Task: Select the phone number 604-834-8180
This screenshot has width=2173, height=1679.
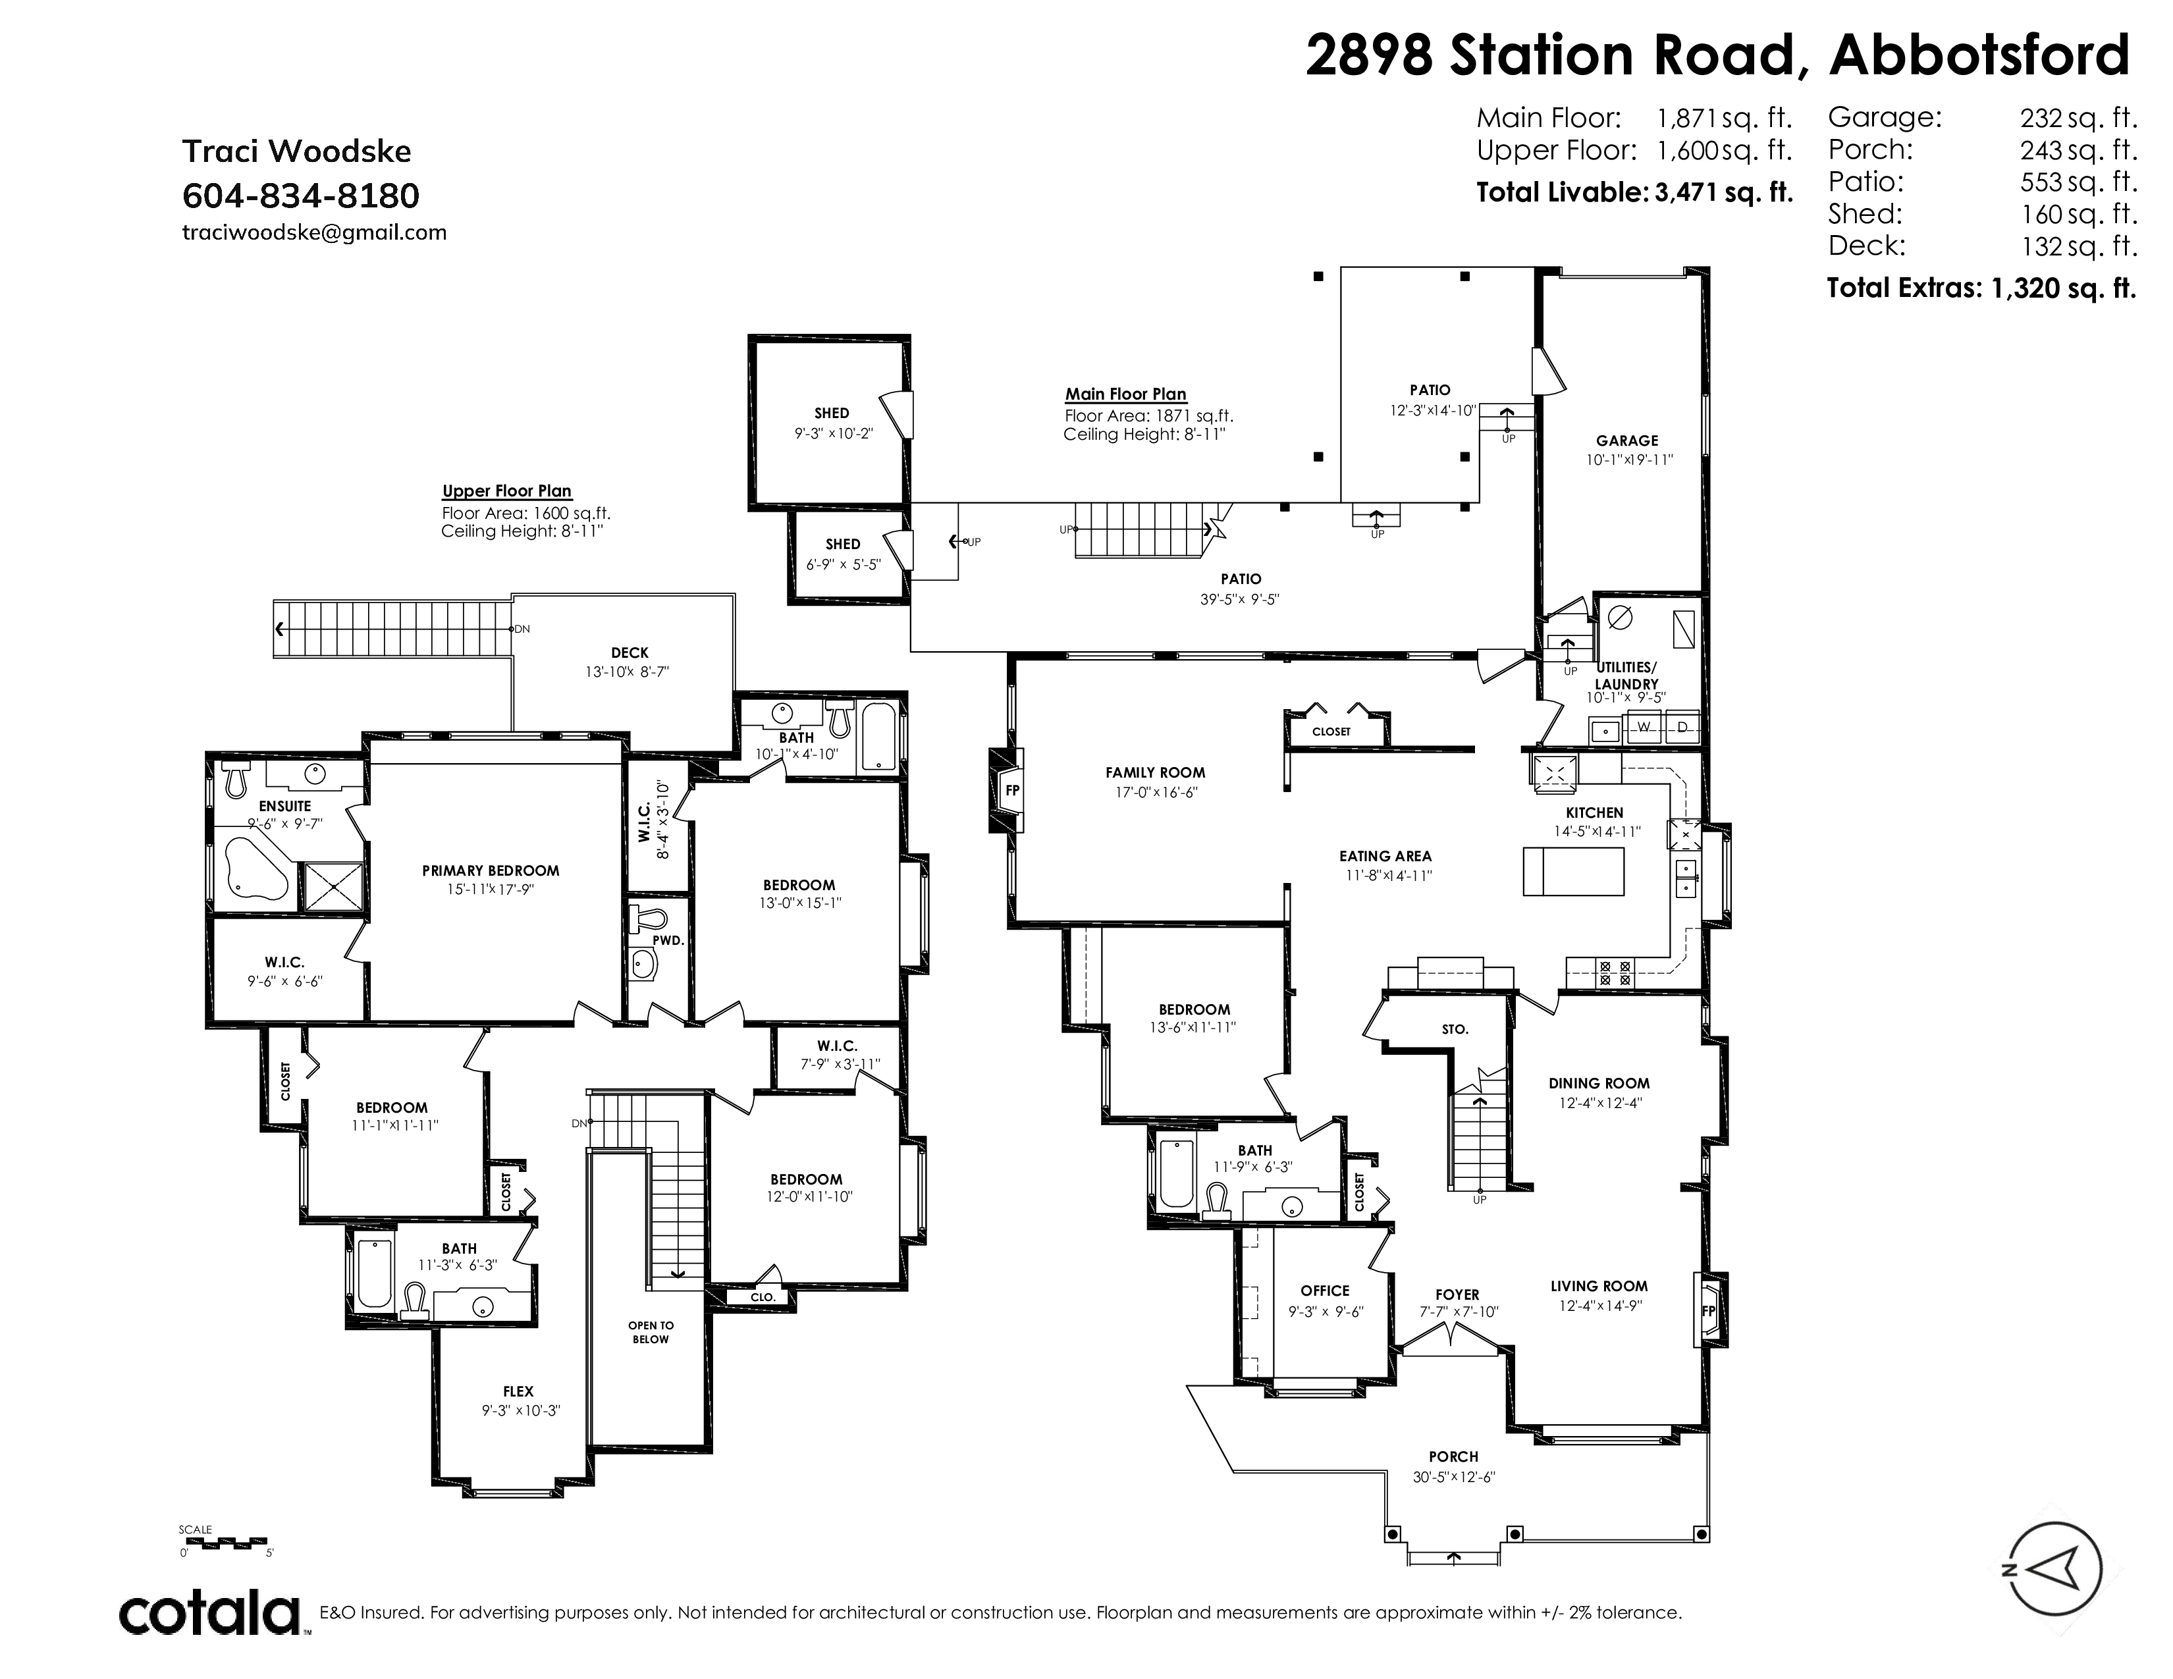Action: click(300, 196)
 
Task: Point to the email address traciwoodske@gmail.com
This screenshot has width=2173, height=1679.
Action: click(314, 232)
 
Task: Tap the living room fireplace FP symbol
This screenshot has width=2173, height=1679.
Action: click(1708, 1310)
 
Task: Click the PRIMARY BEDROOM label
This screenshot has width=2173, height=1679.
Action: click(491, 870)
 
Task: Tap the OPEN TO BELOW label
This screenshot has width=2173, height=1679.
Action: click(651, 1332)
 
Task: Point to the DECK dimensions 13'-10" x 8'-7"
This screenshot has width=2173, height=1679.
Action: click(627, 672)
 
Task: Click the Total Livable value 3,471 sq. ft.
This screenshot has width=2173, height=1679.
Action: click(1723, 192)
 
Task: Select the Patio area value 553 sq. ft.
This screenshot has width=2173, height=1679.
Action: click(2078, 181)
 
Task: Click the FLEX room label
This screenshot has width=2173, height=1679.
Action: click(518, 1391)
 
